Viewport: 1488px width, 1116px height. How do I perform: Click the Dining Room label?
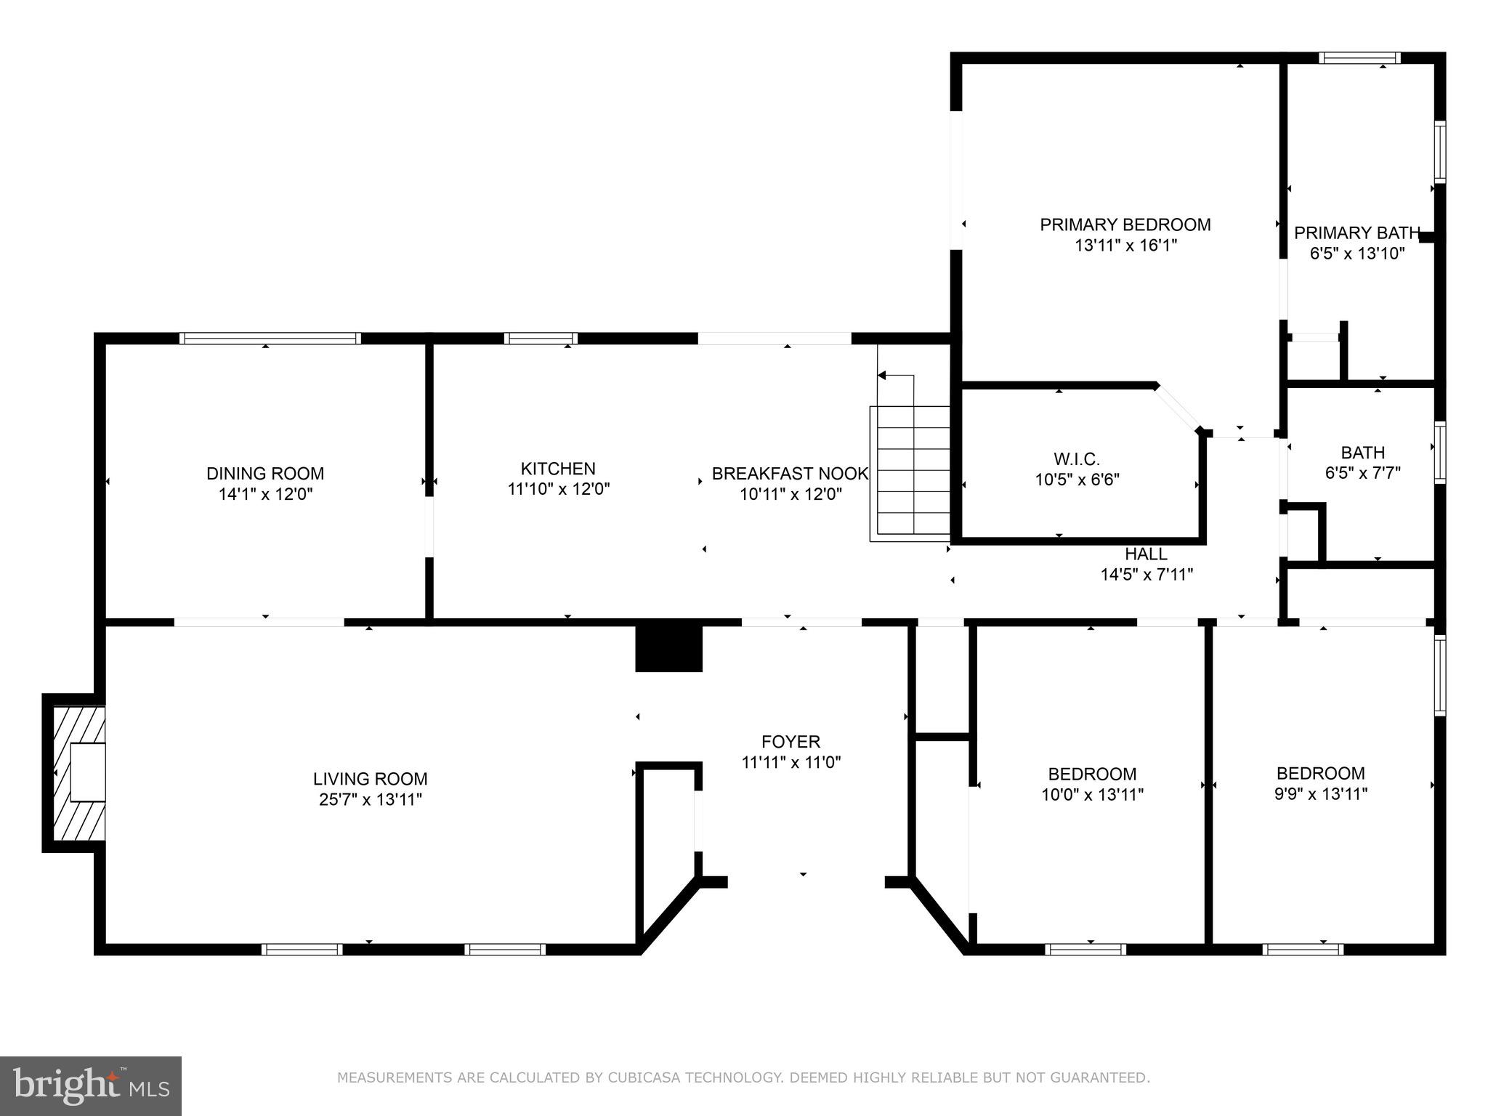tap(265, 474)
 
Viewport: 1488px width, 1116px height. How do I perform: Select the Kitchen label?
tap(558, 469)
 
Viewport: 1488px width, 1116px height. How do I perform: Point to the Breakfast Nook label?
tap(790, 474)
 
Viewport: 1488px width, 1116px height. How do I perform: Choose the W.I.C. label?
tap(1077, 459)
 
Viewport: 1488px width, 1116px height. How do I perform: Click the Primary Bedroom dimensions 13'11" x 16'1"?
tap(1125, 246)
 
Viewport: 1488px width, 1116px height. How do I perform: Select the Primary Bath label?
tap(1356, 233)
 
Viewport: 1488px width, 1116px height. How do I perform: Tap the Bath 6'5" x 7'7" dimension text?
tap(1362, 473)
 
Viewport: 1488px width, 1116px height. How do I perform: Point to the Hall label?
tap(1146, 554)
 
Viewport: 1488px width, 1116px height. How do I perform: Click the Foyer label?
tap(790, 742)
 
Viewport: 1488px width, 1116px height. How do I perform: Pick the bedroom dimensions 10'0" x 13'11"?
tap(1092, 795)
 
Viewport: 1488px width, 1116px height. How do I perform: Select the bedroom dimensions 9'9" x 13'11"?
tap(1321, 794)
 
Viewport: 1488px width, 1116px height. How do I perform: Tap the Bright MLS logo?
tap(91, 1085)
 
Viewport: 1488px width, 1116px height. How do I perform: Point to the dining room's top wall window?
tap(270, 338)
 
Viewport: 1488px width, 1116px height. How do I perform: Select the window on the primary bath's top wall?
tap(1359, 58)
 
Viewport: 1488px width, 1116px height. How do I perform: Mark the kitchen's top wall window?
tap(541, 338)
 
